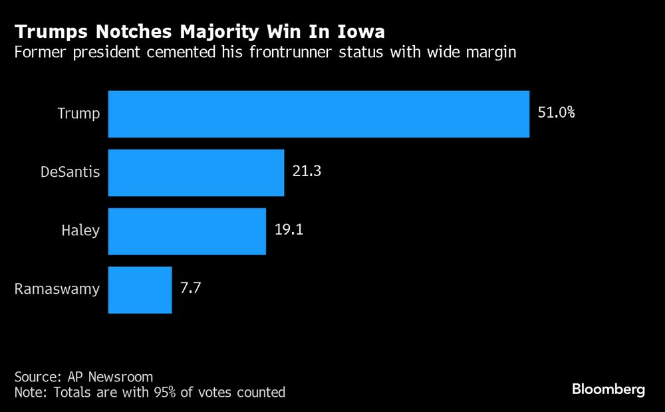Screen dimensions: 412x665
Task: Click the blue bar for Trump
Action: click(319, 114)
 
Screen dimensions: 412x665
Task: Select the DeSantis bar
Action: click(196, 173)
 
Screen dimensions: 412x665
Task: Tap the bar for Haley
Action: click(187, 231)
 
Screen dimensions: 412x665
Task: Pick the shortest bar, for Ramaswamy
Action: click(140, 290)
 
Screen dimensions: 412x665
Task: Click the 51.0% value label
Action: click(556, 113)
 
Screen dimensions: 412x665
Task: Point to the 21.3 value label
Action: click(307, 171)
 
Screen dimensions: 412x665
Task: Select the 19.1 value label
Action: click(289, 230)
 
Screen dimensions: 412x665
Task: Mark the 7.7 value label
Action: click(191, 288)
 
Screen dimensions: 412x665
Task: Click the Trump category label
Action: click(78, 114)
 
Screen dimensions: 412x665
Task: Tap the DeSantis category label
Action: click(70, 172)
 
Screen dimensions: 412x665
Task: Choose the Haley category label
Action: click(80, 231)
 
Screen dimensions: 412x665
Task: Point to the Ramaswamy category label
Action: click(57, 289)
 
